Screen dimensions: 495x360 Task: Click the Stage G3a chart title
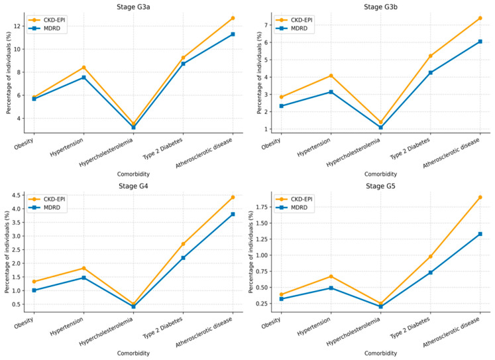(133, 7)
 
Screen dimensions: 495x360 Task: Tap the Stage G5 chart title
(380, 186)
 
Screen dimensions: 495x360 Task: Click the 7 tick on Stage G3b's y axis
(266, 25)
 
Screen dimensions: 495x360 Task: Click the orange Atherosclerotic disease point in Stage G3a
(233, 18)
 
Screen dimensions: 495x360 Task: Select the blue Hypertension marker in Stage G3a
(83, 78)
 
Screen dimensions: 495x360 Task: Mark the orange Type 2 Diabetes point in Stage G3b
(430, 56)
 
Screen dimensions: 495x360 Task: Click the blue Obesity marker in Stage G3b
(281, 106)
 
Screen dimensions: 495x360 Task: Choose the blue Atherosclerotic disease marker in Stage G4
(233, 214)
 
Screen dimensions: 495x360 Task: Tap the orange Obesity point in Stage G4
(34, 281)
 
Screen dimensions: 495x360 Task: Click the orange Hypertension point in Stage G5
(331, 276)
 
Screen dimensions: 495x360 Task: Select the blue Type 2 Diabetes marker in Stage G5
(430, 272)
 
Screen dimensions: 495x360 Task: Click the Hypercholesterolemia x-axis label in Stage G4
(107, 331)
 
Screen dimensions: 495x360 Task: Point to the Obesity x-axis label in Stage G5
(271, 324)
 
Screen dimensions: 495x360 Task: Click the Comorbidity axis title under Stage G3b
(380, 174)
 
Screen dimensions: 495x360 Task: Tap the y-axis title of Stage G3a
(9, 73)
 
